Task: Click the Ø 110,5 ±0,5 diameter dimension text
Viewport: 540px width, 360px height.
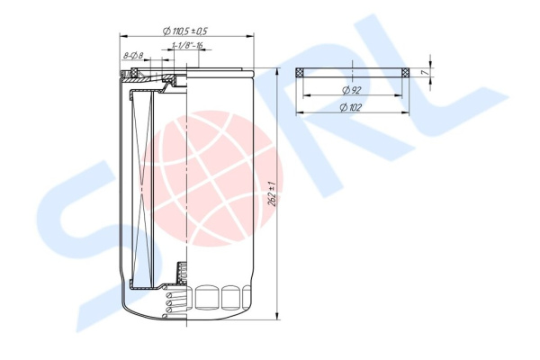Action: [x=184, y=31]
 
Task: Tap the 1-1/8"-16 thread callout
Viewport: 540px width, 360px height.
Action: [x=186, y=45]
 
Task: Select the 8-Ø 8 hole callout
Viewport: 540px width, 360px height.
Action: [x=133, y=55]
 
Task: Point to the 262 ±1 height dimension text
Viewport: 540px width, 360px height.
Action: [x=272, y=193]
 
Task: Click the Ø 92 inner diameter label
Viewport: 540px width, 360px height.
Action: [x=352, y=90]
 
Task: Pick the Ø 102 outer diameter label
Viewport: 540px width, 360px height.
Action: [x=351, y=107]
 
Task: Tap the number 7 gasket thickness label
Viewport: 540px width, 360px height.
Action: [x=426, y=73]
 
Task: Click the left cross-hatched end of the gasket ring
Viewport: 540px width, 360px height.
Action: [x=300, y=73]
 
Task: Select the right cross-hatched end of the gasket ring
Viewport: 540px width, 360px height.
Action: [x=406, y=73]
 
